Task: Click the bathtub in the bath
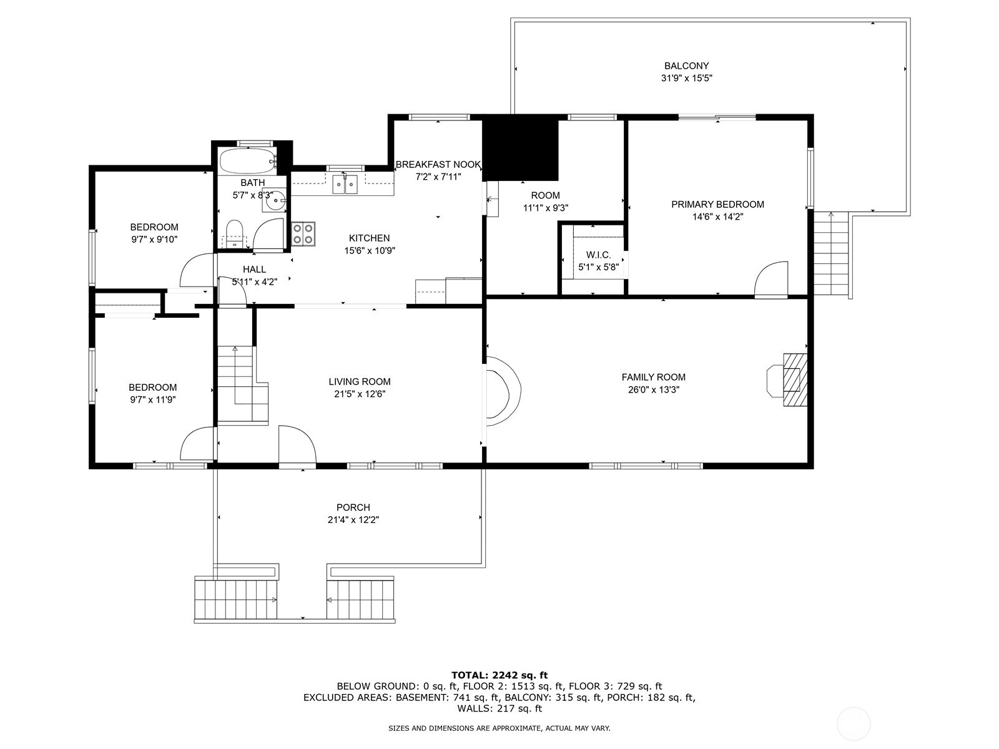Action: click(247, 161)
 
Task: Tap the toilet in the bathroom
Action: click(234, 233)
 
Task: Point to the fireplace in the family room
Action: click(789, 372)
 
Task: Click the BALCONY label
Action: click(686, 66)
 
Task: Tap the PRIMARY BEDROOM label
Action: click(717, 204)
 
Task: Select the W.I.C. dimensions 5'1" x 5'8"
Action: click(598, 267)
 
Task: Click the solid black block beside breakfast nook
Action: click(521, 149)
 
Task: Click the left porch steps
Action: click(236, 599)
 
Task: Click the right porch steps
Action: click(361, 599)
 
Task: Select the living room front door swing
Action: click(296, 444)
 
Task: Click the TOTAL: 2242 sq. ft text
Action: click(499, 675)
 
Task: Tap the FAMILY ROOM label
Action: click(653, 377)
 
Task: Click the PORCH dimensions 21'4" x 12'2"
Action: click(353, 519)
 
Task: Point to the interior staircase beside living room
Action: click(240, 383)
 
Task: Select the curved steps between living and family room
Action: click(503, 391)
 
